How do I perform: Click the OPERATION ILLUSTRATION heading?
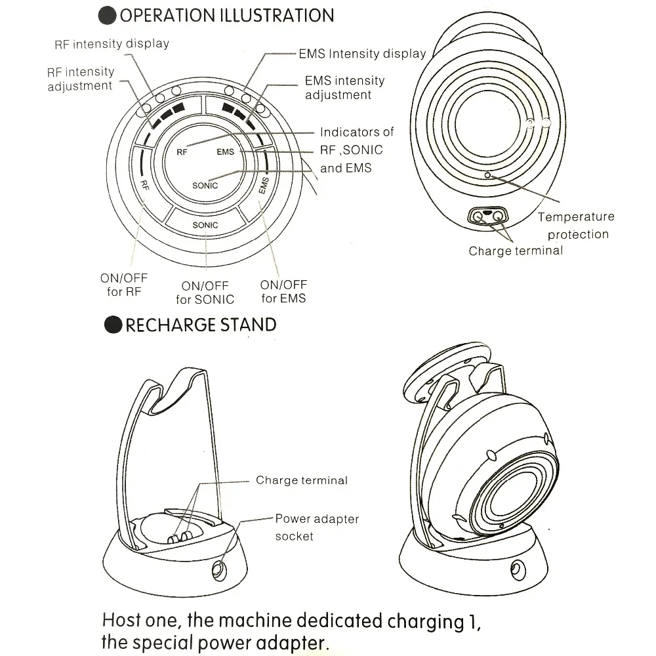click(x=226, y=14)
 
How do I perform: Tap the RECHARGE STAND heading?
click(x=200, y=325)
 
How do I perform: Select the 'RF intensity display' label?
click(x=112, y=44)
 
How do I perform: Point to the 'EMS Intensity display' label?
click(x=362, y=53)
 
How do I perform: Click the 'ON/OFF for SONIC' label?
click(x=205, y=293)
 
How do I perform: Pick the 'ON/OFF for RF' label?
click(x=124, y=285)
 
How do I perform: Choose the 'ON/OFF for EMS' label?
click(x=283, y=291)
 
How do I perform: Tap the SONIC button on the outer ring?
click(x=205, y=225)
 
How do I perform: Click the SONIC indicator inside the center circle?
click(x=205, y=186)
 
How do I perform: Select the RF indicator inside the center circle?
click(x=182, y=152)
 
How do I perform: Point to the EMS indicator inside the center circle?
click(x=225, y=152)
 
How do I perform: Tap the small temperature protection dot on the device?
click(x=487, y=175)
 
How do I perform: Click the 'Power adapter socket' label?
click(x=317, y=527)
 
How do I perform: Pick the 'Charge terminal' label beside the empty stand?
click(x=302, y=480)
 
